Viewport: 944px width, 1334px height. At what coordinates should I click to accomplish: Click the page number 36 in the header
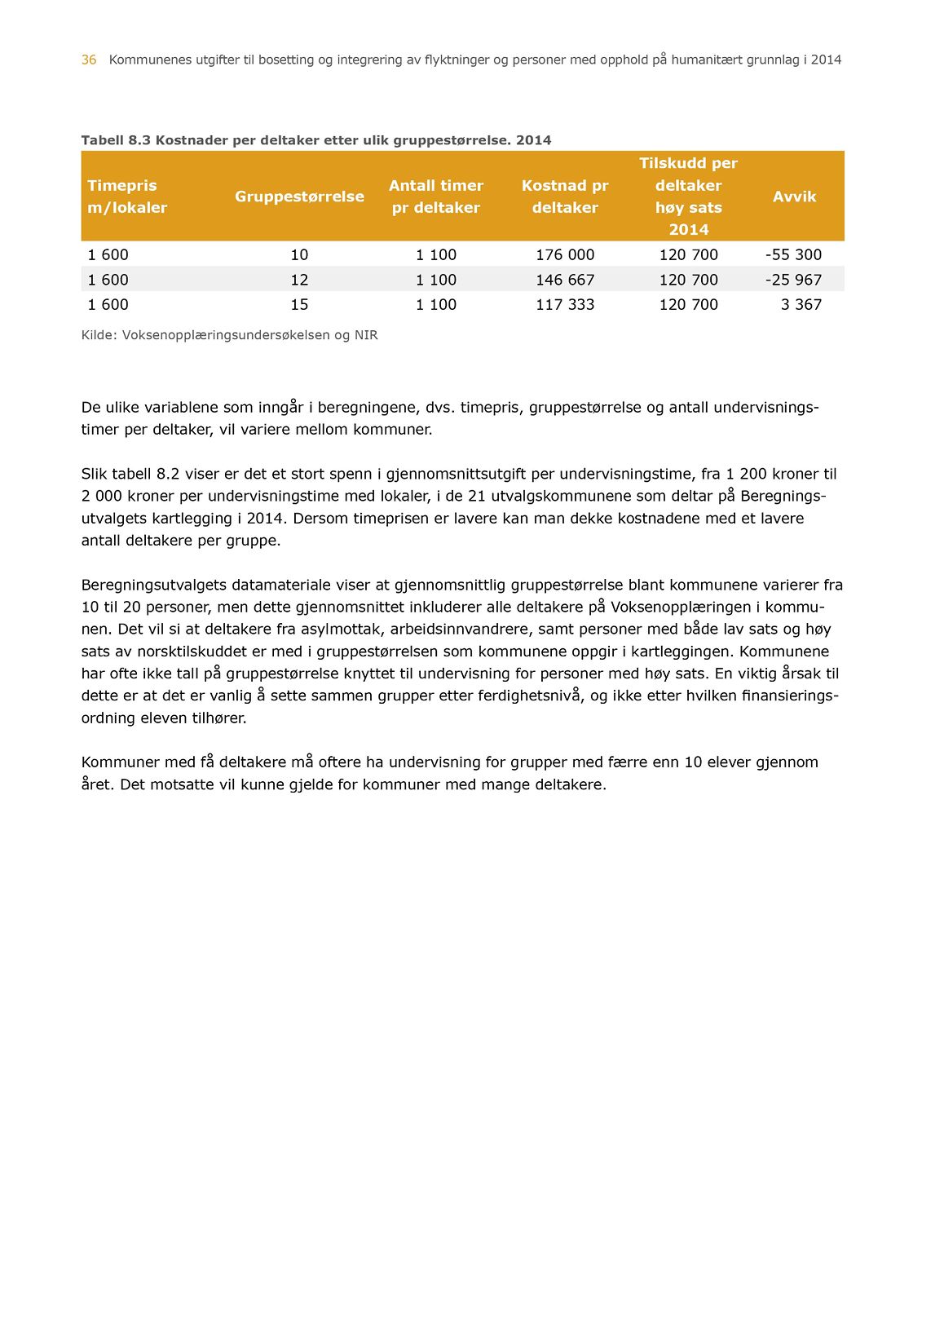point(89,60)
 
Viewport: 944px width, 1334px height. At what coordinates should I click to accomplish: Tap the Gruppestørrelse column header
point(299,197)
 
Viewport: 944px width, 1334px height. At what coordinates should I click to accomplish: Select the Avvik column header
point(794,197)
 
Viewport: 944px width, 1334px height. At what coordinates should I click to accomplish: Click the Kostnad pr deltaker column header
point(565,197)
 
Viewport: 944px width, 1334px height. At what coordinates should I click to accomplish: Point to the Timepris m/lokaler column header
point(127,197)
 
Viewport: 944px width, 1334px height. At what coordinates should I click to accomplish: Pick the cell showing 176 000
point(565,254)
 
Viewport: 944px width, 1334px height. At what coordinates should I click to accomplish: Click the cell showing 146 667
point(565,280)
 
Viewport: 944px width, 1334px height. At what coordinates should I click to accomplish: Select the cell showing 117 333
point(565,304)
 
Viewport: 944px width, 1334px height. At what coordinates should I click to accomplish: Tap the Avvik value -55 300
point(793,254)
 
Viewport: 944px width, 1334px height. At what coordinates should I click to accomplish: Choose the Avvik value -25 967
point(793,280)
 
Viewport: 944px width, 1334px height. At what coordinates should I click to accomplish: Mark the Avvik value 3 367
point(801,304)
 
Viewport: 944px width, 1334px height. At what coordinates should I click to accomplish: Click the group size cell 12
point(299,280)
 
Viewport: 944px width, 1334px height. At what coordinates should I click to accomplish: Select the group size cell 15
point(299,304)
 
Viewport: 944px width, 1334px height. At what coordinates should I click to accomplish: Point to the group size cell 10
point(299,254)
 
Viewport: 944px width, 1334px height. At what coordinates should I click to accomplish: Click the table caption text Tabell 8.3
point(116,140)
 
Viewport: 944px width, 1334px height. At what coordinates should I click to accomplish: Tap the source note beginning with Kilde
point(229,335)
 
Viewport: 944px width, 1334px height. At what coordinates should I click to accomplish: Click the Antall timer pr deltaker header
point(436,197)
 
